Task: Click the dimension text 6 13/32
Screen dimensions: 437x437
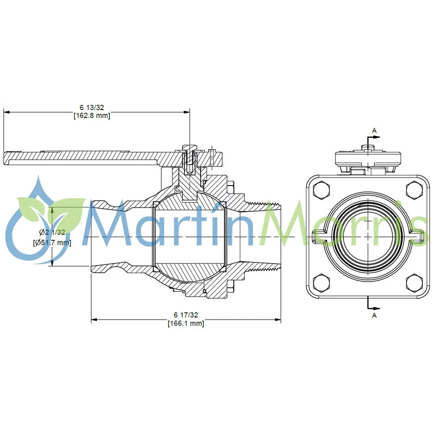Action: pyautogui.click(x=92, y=108)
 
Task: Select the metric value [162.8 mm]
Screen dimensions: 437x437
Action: pyautogui.click(x=92, y=115)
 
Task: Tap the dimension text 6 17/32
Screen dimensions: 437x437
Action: pyautogui.click(x=186, y=315)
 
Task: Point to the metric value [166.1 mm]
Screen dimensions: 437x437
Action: pyautogui.click(x=186, y=323)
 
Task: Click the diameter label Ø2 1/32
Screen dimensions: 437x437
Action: pyautogui.click(x=52, y=232)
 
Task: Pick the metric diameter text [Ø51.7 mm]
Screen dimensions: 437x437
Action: pyautogui.click(x=52, y=242)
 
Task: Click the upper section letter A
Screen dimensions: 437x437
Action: pyautogui.click(x=374, y=131)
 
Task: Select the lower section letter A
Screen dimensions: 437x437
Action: pyautogui.click(x=374, y=315)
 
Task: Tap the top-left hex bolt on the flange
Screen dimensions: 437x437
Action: pyautogui.click(x=321, y=190)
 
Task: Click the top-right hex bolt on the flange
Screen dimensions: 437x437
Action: pyautogui.click(x=414, y=190)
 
